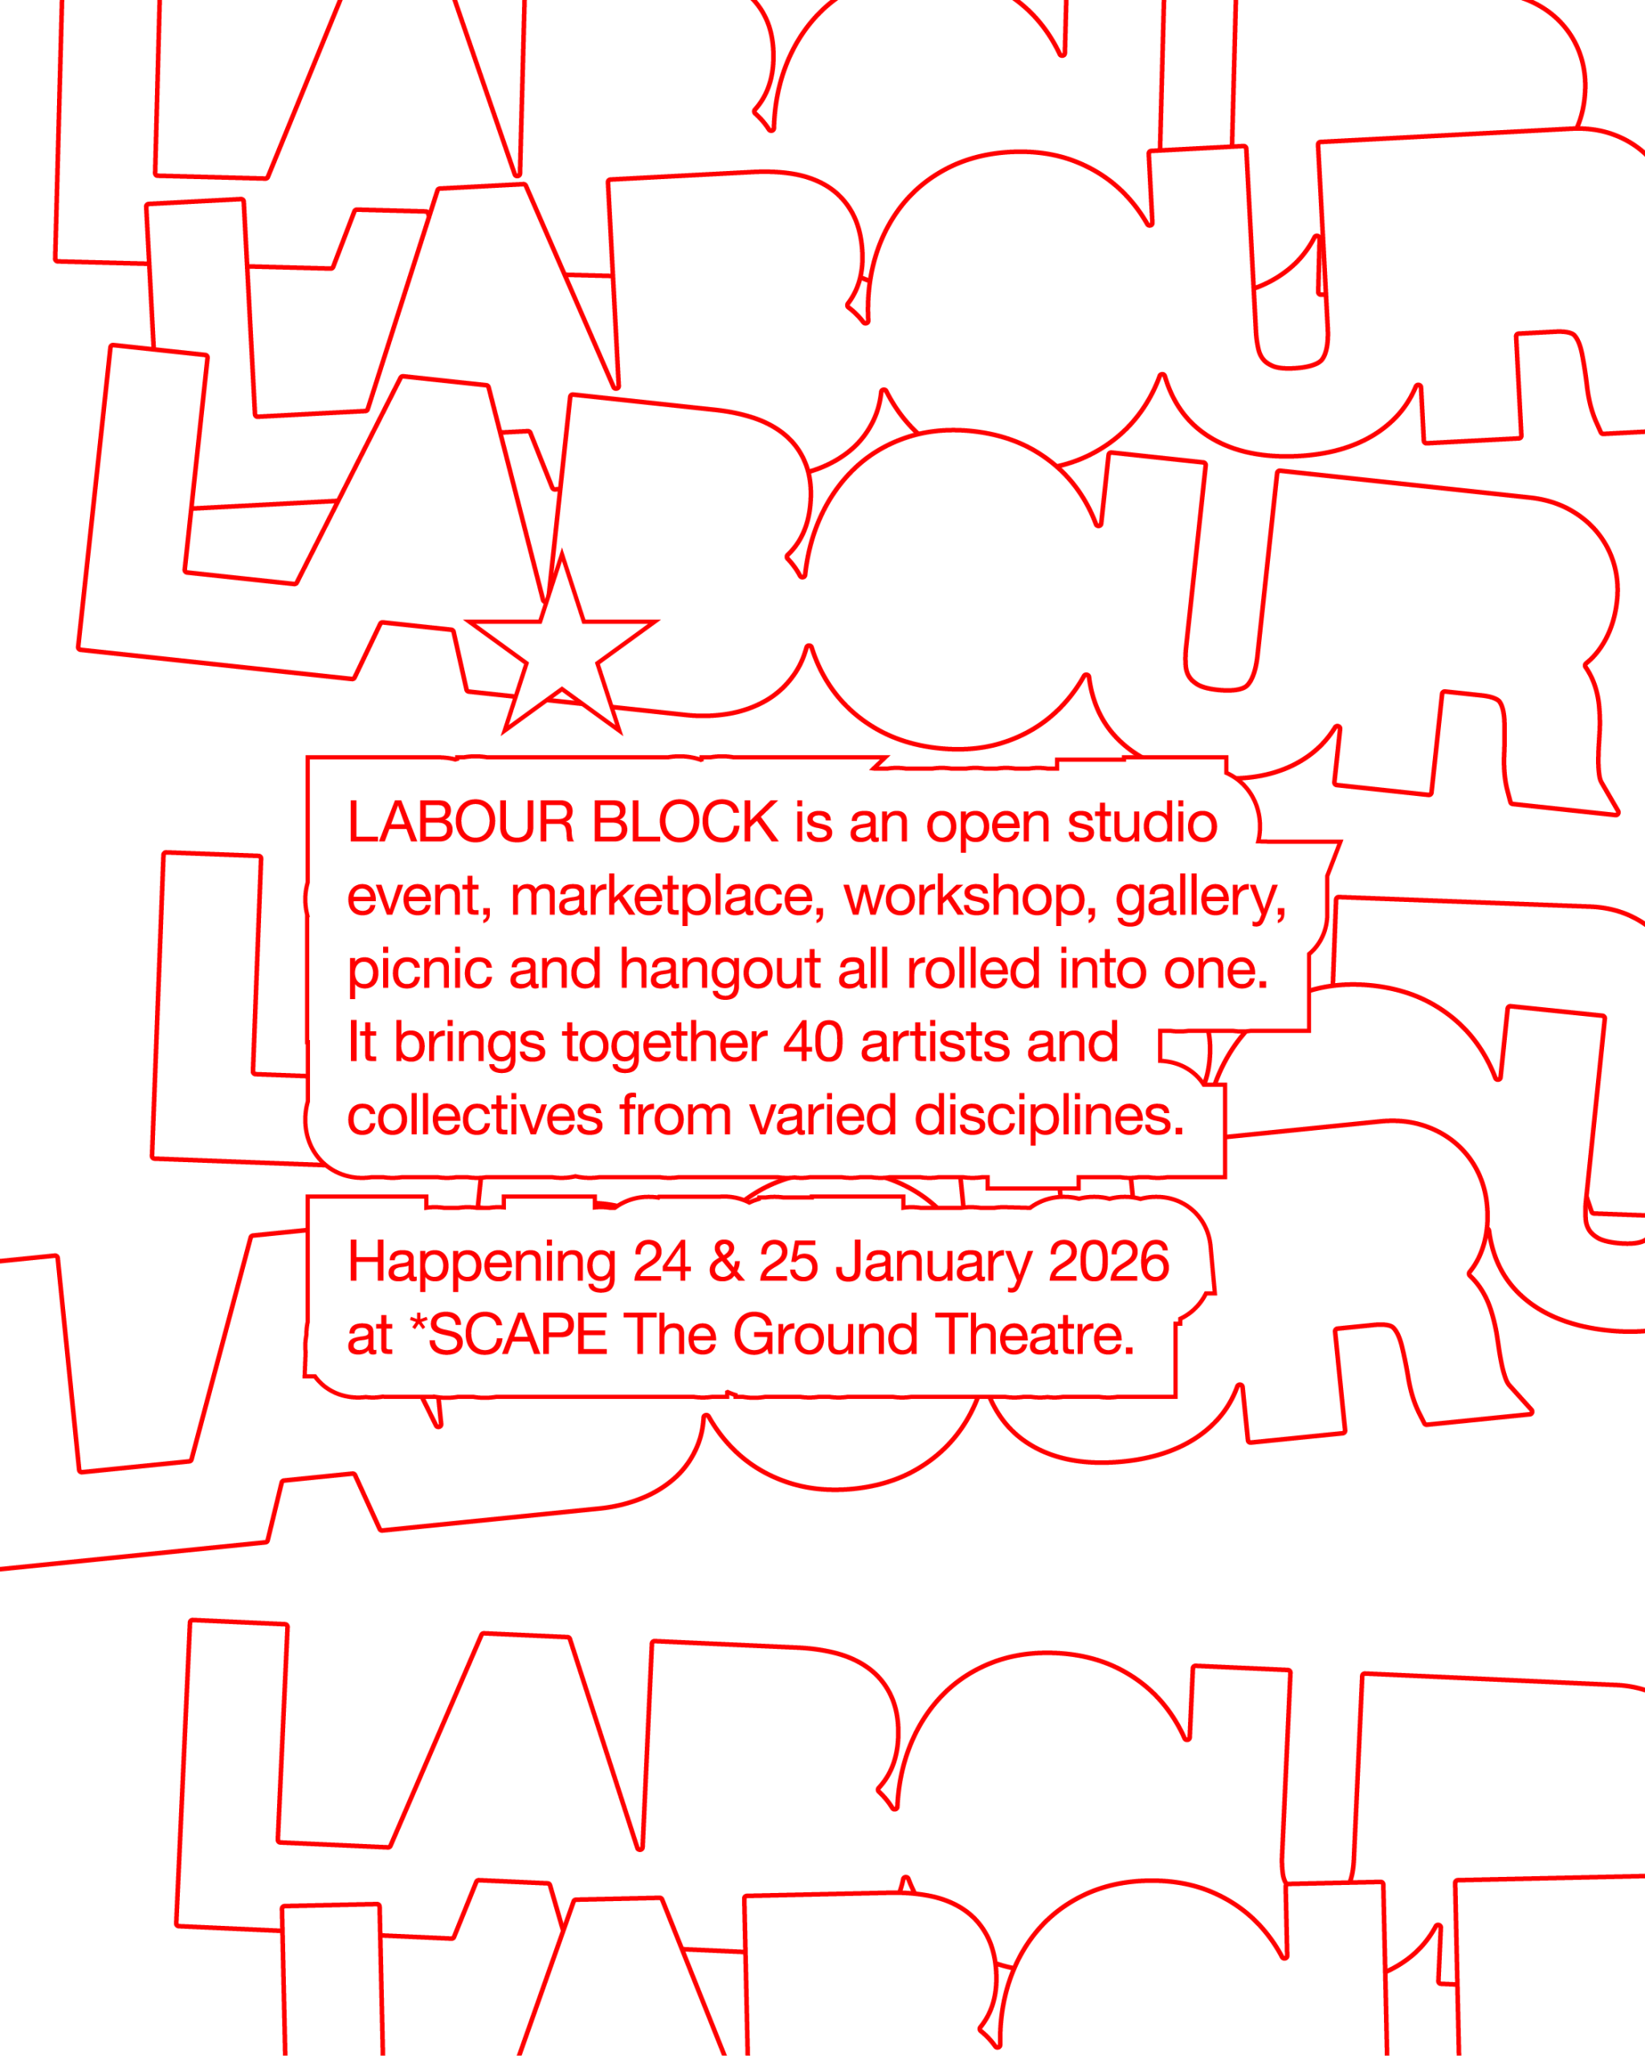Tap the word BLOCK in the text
coord(684,822)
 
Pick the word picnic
coord(418,971)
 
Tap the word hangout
coord(719,971)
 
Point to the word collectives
coord(474,1115)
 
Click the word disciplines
coord(1048,1115)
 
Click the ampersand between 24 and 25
coord(725,1261)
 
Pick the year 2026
coord(1108,1261)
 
